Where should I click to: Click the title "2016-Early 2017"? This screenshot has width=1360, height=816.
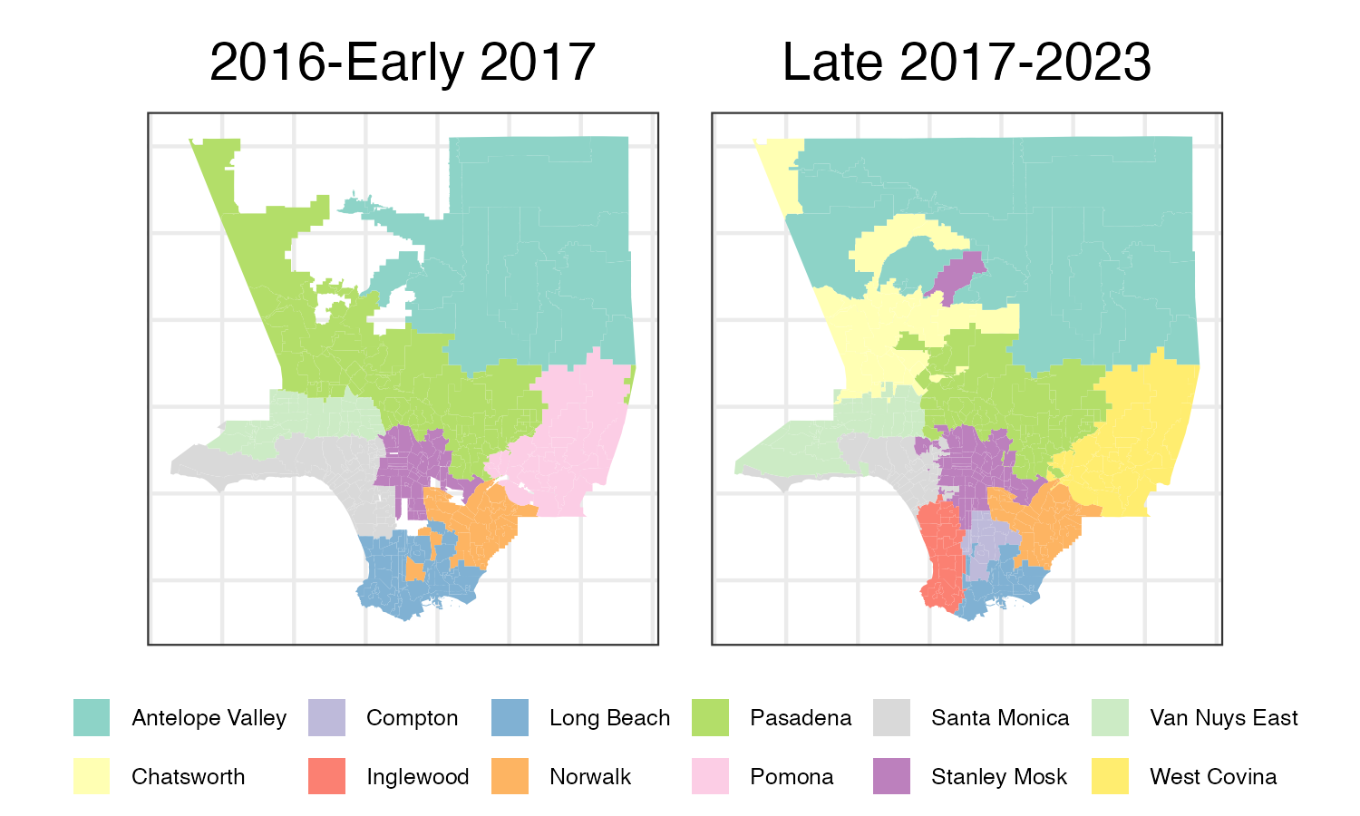(x=402, y=63)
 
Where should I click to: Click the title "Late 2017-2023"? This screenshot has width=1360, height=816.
(x=967, y=63)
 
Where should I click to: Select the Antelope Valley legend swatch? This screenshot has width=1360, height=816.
(x=92, y=718)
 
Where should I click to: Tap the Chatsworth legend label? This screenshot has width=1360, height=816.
(x=188, y=777)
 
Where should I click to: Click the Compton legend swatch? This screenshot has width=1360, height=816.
(x=326, y=718)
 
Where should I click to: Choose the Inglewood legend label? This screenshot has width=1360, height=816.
(x=417, y=777)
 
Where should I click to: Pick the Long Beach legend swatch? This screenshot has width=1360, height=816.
(x=510, y=718)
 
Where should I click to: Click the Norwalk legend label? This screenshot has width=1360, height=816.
(x=590, y=777)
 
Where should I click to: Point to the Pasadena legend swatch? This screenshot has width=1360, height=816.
(x=710, y=718)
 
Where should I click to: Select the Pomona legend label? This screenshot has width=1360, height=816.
(x=792, y=777)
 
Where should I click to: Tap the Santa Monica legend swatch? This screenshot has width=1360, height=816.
(x=891, y=718)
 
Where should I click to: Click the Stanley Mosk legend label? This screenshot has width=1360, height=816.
(x=999, y=777)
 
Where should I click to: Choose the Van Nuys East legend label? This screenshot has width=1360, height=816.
(x=1224, y=718)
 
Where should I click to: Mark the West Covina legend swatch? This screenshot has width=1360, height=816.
(x=1111, y=777)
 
